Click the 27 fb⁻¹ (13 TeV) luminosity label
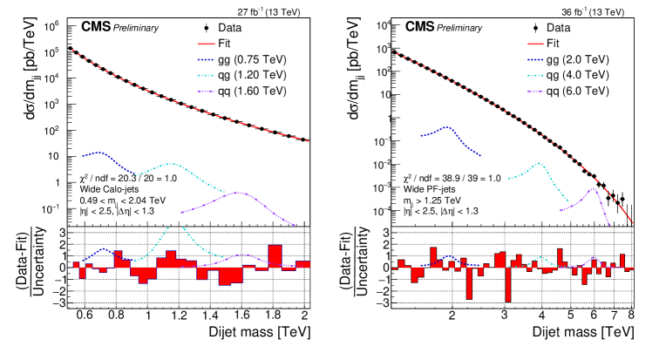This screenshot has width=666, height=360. [274, 11]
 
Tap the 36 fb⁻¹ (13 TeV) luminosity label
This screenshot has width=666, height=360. [593, 11]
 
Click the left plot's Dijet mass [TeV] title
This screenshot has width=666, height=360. [260, 333]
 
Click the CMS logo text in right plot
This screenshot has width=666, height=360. [414, 27]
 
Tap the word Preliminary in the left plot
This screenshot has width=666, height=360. [134, 28]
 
